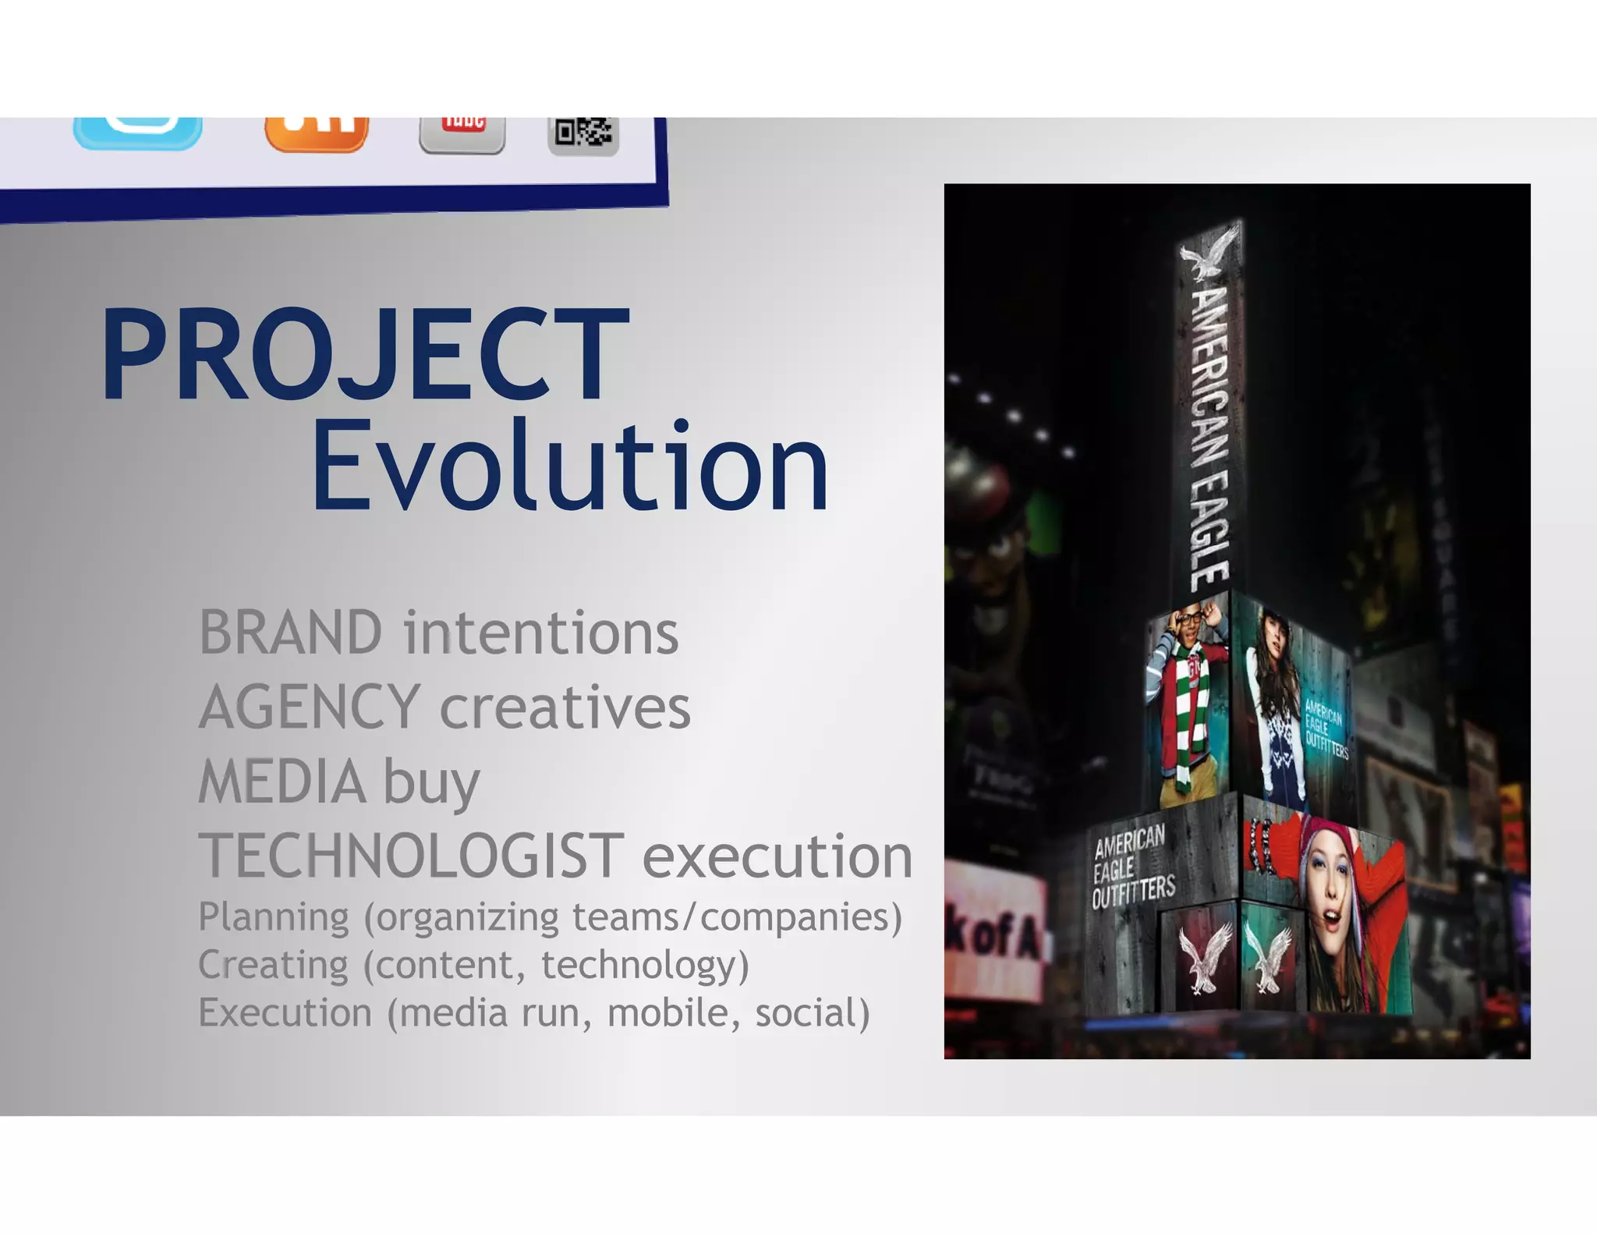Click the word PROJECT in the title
(364, 355)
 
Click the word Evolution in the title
(569, 466)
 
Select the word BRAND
(290, 633)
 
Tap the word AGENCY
(310, 707)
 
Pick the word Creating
(273, 965)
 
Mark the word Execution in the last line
(285, 1013)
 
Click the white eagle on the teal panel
(1269, 956)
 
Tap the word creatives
(565, 707)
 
